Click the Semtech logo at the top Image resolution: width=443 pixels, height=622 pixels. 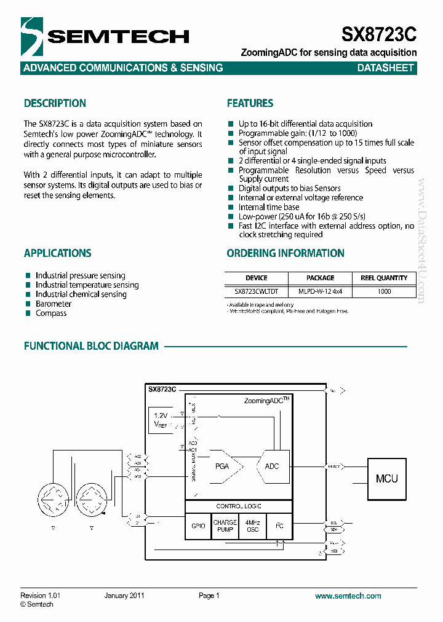point(105,37)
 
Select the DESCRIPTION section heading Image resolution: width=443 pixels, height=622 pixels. point(55,103)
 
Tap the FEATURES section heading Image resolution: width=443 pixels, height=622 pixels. point(250,103)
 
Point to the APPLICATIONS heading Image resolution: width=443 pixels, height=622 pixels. point(57,253)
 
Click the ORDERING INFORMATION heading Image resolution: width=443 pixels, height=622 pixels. point(285,253)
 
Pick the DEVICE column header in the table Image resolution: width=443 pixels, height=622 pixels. point(257,278)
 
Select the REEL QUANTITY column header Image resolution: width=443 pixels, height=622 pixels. point(384,278)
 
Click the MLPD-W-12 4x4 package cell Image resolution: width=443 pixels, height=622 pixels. point(320,291)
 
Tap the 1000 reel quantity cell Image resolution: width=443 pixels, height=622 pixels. point(384,291)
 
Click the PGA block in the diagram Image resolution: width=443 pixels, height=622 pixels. point(222,466)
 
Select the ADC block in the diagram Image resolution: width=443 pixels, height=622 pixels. point(272,466)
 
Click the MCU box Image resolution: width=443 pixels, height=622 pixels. point(386,478)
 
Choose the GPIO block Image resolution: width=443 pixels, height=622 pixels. point(198,526)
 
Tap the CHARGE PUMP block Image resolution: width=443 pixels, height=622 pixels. point(225,526)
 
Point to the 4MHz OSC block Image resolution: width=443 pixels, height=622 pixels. point(252,526)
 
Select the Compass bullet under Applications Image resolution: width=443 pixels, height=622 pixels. point(51,313)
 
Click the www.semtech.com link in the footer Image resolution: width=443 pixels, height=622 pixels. point(348,596)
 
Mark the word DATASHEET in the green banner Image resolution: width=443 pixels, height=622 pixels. point(385,68)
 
